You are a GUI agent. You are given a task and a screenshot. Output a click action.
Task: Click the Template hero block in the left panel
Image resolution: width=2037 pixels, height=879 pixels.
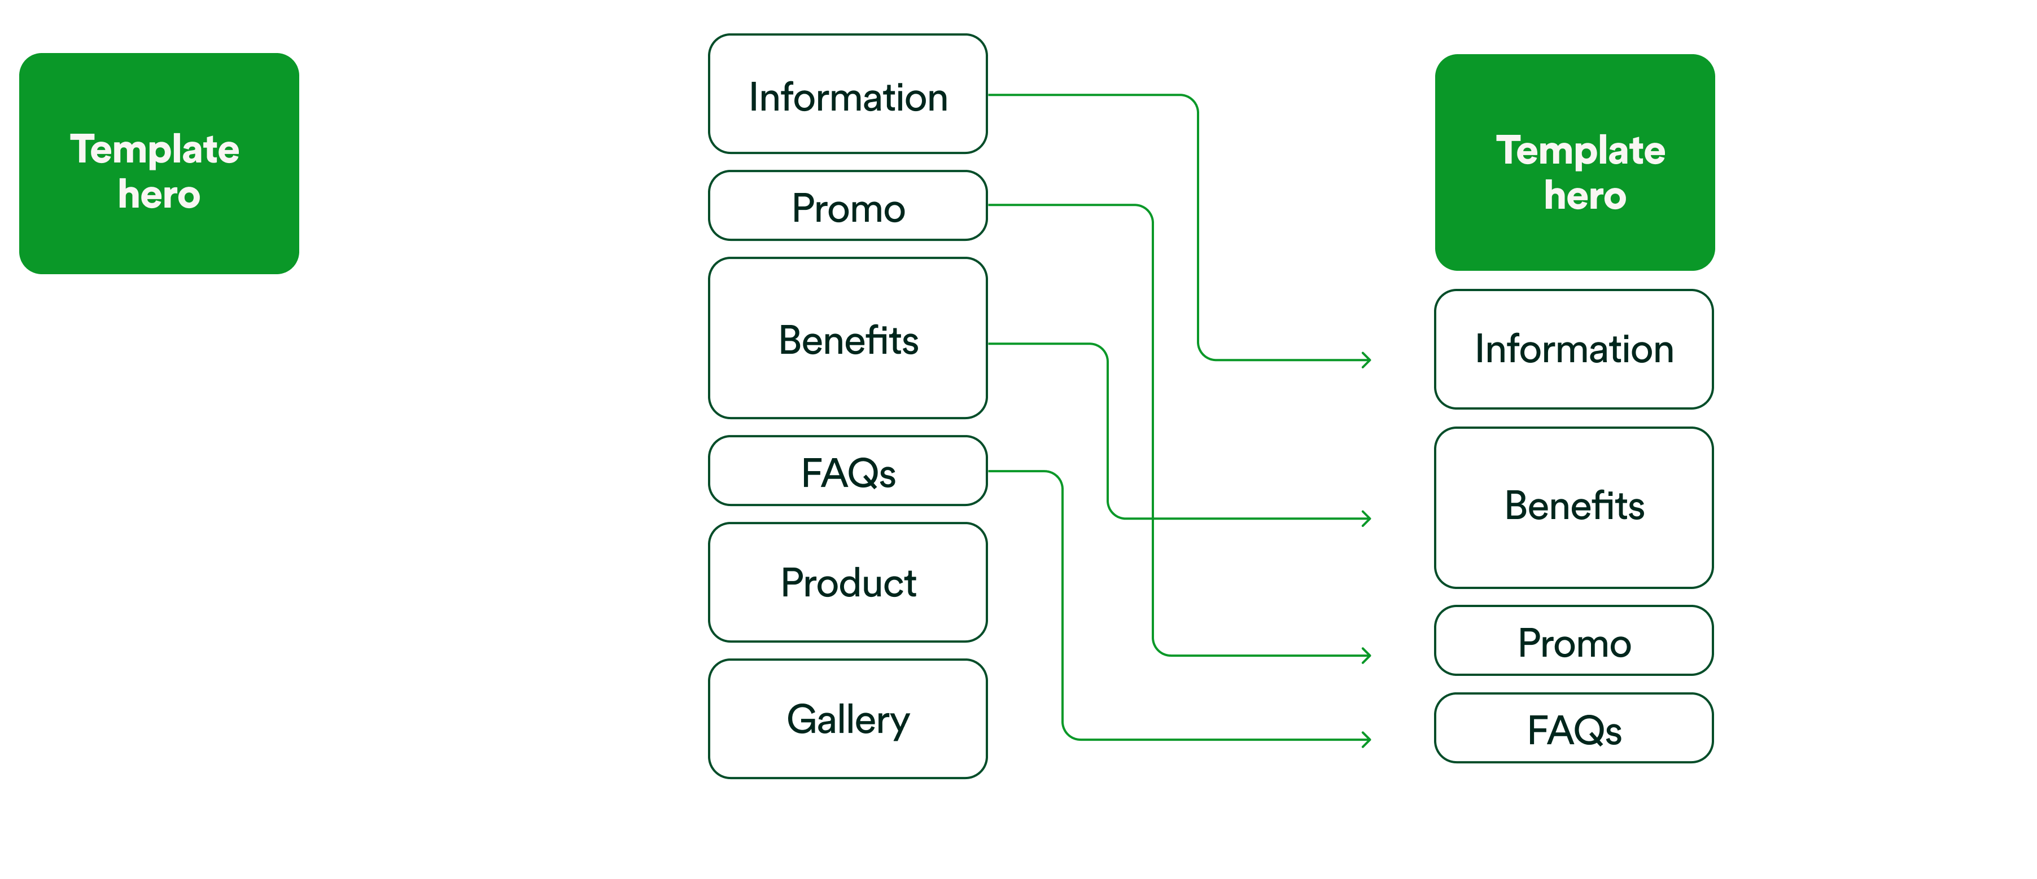pos(159,164)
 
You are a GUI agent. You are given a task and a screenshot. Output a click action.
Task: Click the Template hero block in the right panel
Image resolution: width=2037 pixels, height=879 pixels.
pos(1575,163)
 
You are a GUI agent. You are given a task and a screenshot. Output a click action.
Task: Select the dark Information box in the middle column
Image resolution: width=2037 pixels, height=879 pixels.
pos(847,94)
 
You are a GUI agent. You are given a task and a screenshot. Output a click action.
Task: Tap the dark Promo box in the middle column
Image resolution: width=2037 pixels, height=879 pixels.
pos(847,206)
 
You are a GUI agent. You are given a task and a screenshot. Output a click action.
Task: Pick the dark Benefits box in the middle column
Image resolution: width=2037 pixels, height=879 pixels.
pos(847,339)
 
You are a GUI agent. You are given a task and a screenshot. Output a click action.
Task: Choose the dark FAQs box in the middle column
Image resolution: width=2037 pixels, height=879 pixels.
pos(847,471)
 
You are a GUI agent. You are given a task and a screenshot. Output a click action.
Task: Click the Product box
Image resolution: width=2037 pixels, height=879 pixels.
pos(847,583)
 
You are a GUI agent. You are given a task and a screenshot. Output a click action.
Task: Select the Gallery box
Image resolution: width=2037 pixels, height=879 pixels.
pos(847,719)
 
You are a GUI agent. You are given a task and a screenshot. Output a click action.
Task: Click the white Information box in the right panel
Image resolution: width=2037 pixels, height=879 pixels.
pos(1573,349)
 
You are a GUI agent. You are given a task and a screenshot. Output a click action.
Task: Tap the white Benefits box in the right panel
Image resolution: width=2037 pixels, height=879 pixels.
pos(1573,507)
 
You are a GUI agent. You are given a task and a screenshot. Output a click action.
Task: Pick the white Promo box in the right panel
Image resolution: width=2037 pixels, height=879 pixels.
pos(1573,641)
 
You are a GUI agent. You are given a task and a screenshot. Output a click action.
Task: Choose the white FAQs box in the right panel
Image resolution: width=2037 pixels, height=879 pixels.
pos(1573,728)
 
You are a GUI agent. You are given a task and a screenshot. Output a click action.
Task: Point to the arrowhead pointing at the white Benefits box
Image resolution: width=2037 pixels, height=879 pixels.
pos(1367,518)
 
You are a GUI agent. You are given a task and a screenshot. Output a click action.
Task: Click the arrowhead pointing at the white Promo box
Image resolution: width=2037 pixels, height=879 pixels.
pos(1367,655)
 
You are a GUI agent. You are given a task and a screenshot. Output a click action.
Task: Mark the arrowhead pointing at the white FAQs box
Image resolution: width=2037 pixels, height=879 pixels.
pos(1367,740)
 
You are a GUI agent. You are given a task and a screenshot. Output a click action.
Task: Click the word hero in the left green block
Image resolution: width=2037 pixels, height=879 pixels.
pos(159,195)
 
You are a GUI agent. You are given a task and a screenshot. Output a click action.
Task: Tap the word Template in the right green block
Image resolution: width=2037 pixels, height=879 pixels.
pos(1580,150)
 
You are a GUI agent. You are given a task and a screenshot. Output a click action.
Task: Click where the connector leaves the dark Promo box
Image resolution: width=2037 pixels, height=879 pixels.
pos(990,205)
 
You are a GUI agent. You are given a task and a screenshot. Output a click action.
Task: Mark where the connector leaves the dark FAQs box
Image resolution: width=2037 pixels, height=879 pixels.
pos(990,471)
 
